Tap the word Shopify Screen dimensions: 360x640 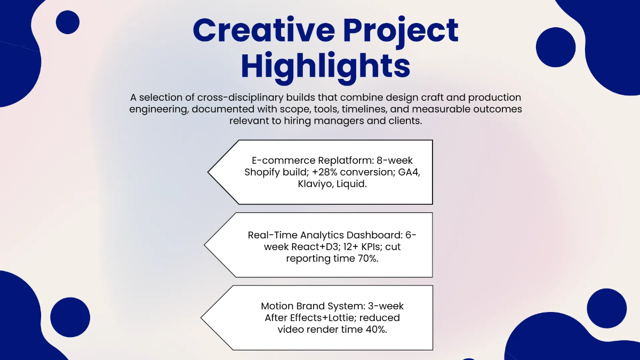click(x=262, y=172)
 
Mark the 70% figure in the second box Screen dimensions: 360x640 click(x=372, y=258)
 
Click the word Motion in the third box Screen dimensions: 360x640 click(x=278, y=306)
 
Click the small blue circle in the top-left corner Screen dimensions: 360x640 click(x=67, y=22)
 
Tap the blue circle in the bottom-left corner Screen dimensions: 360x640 click(x=70, y=317)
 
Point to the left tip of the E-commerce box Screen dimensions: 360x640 click(x=209, y=172)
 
